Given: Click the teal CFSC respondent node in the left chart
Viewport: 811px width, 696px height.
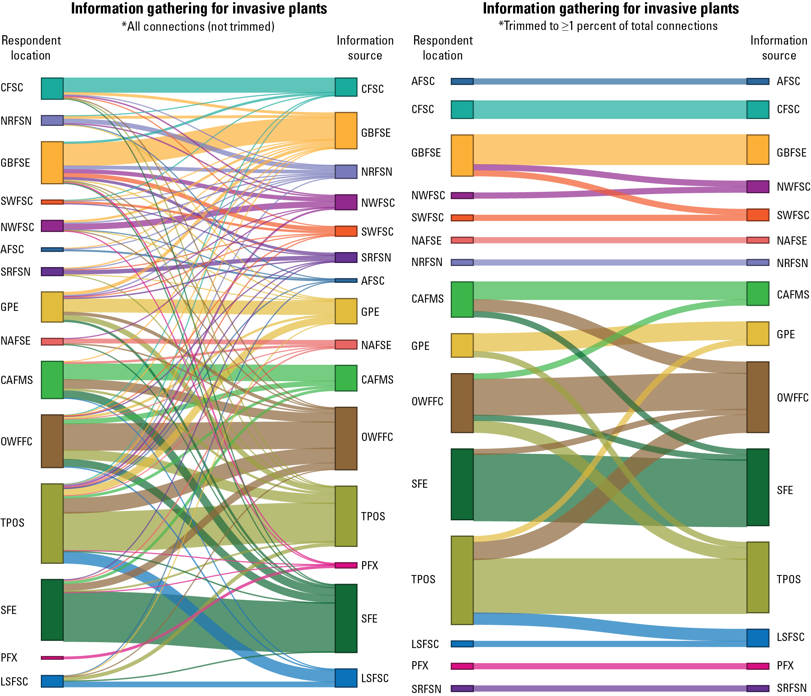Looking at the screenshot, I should pos(52,88).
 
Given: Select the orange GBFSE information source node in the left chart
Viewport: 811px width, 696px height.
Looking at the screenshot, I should pos(346,131).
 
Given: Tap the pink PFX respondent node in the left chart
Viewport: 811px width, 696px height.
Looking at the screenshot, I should pos(52,658).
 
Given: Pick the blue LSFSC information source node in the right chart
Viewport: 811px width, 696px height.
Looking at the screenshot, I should pos(757,638).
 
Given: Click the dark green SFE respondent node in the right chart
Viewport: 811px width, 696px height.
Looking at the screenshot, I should pos(462,484).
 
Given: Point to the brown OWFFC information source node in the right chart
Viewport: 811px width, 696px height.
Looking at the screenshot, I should pos(757,397).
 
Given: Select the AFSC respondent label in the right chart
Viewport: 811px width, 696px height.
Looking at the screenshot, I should pos(423,81).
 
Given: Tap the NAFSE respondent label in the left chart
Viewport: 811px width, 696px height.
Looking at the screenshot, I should pos(16,341).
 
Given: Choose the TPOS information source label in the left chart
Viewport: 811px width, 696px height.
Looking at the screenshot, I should pos(373,516).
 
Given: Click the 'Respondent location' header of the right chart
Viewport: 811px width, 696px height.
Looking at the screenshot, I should pos(443,48).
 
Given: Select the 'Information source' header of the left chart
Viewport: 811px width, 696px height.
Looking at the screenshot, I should pos(365,48).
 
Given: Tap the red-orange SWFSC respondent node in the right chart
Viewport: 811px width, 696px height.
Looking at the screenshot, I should pos(462,218).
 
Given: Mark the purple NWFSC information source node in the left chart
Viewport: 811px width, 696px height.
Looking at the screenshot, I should pos(346,202).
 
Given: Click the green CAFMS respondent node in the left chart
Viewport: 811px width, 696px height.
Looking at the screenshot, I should pos(52,379).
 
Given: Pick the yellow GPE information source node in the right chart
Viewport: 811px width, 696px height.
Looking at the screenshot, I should pos(757,334).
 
